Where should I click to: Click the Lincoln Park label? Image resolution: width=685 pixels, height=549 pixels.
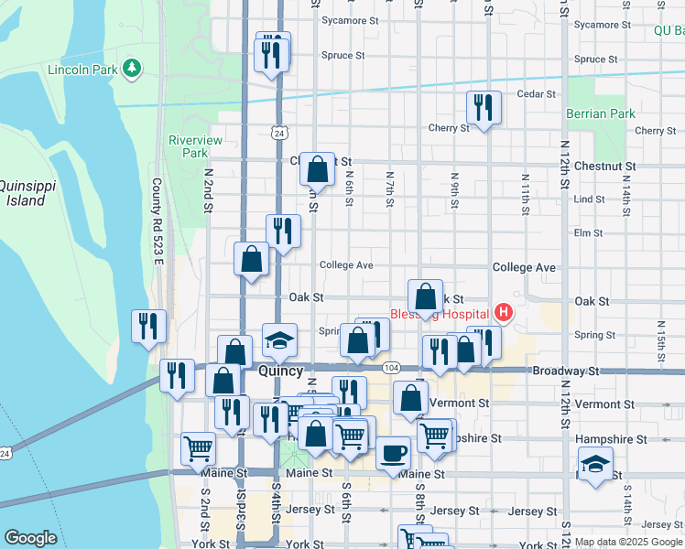click(83, 70)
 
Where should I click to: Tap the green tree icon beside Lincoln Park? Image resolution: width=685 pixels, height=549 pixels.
click(132, 68)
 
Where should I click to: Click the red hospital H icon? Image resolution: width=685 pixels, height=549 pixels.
click(503, 313)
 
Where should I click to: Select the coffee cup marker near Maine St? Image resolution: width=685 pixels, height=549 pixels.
click(393, 452)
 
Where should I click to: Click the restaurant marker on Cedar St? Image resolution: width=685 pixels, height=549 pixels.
click(483, 107)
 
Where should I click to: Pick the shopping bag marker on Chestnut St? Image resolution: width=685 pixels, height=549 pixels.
click(317, 168)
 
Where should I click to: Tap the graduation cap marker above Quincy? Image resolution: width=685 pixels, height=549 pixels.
click(279, 340)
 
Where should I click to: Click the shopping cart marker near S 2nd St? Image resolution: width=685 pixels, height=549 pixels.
click(198, 447)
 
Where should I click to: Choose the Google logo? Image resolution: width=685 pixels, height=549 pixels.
click(30, 538)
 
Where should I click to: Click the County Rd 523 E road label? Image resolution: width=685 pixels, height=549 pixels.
click(158, 222)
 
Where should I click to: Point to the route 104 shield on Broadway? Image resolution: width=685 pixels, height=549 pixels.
click(391, 367)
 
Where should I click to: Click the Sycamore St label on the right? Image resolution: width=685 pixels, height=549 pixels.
click(603, 25)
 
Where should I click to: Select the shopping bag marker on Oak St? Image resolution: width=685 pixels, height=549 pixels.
click(425, 296)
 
